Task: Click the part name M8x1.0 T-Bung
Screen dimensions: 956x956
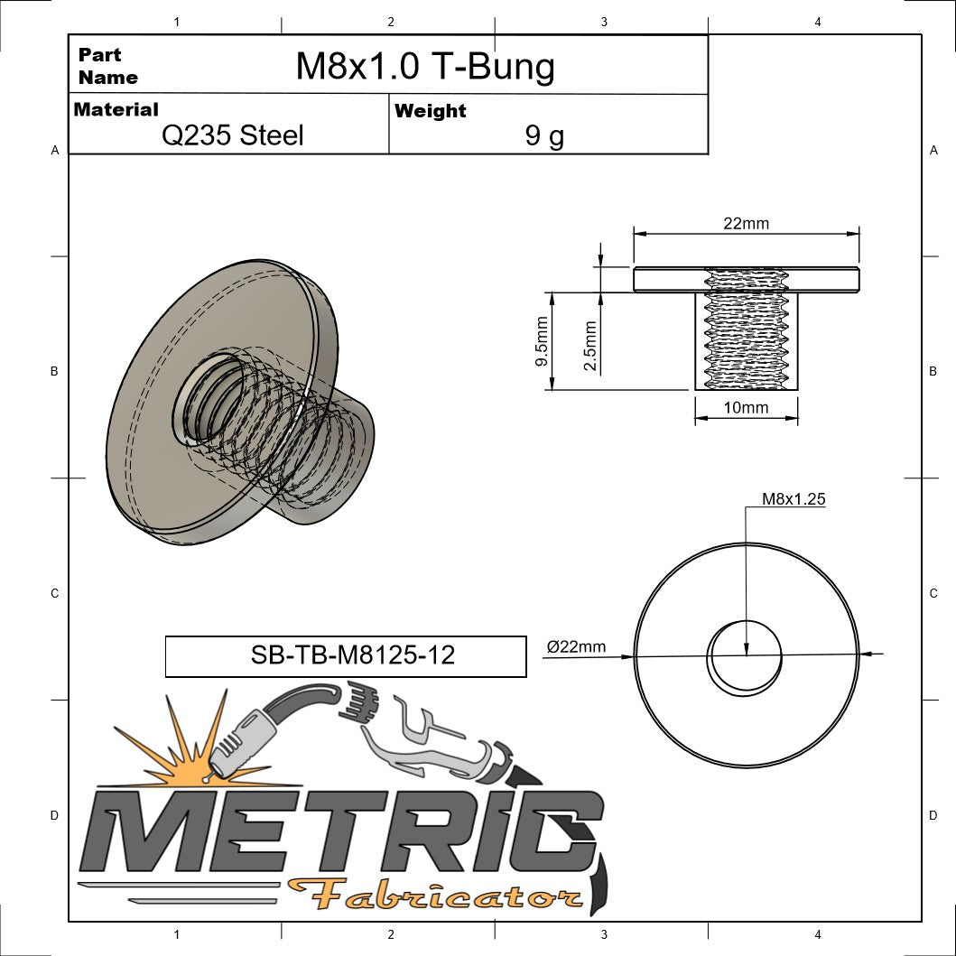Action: (425, 66)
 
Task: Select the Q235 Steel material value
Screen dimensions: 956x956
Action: (232, 135)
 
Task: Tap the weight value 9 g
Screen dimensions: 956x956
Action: (544, 135)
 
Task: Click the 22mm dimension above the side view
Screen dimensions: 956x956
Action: (746, 223)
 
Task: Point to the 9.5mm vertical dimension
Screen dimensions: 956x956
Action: (542, 341)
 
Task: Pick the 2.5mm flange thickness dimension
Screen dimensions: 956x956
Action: (589, 346)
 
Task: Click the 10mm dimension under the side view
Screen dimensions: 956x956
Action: (746, 407)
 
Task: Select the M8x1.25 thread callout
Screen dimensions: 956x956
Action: (794, 497)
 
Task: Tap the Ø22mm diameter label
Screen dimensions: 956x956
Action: (576, 645)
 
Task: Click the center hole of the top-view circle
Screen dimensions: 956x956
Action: (745, 657)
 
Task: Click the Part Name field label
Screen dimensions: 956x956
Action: (107, 66)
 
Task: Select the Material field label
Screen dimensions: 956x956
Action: (116, 109)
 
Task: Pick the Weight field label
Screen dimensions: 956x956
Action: (430, 111)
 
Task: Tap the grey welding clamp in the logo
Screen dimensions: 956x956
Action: (433, 740)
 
